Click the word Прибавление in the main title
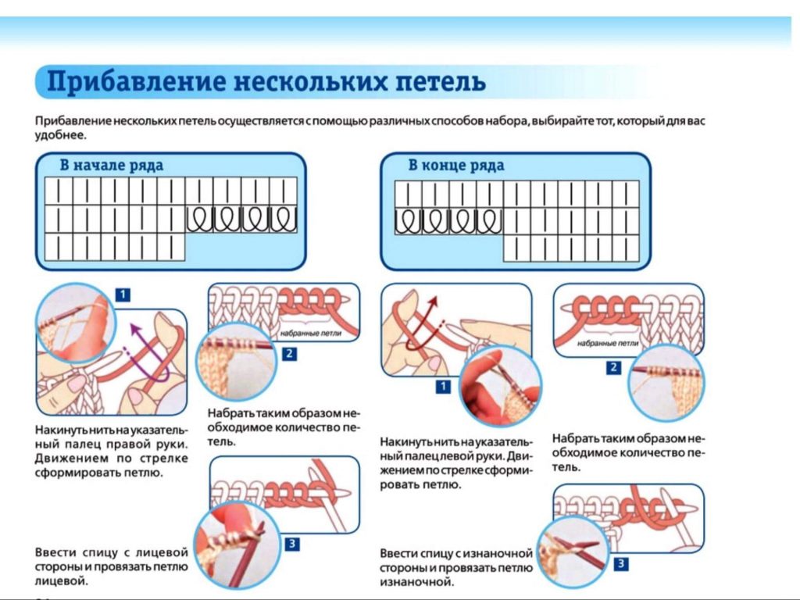coord(125,81)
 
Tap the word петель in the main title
coord(434,81)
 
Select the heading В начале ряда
coord(112,165)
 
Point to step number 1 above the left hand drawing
coord(123,295)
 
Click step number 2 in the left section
coord(290,354)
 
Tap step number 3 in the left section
coord(291,545)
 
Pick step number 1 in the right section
coord(443,387)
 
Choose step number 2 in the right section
coord(614,367)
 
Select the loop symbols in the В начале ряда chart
coord(241,219)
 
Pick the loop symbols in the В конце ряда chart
coord(448,221)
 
